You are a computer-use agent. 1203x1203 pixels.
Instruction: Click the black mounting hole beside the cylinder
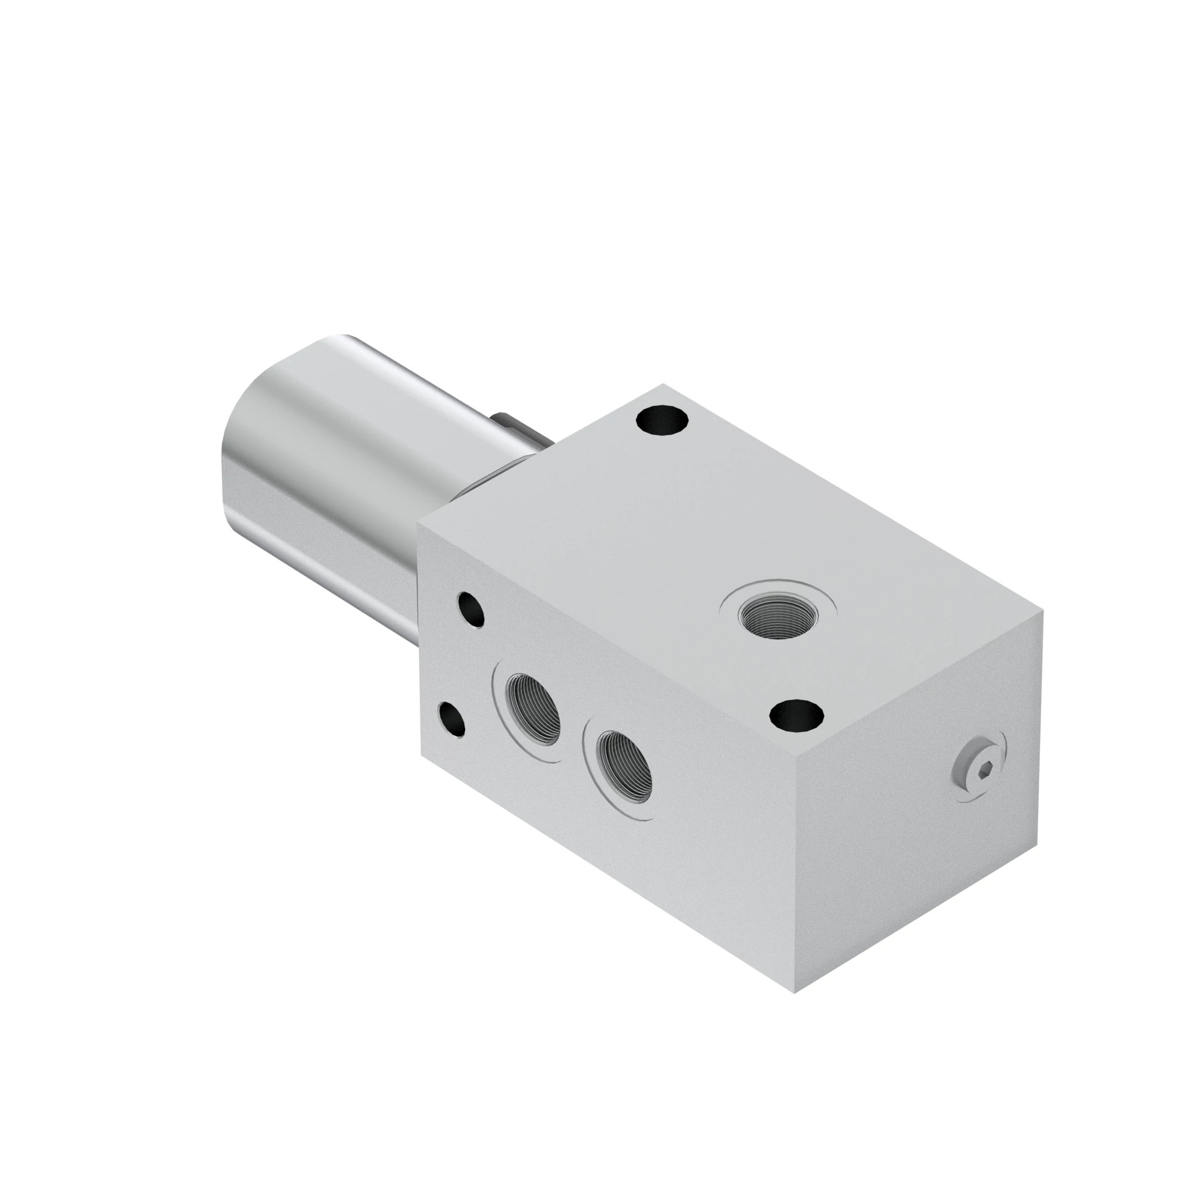click(662, 420)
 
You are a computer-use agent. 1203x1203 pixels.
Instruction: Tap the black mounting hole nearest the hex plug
click(796, 715)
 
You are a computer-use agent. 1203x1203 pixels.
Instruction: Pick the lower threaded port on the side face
click(623, 765)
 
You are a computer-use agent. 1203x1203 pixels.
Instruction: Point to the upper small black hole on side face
click(471, 609)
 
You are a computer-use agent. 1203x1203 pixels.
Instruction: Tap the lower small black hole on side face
click(452, 719)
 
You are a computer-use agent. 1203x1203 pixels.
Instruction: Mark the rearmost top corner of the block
click(662, 384)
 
